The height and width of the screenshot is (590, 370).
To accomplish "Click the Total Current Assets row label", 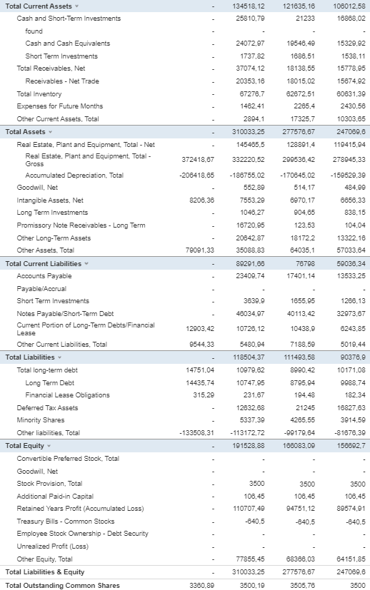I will point(38,6).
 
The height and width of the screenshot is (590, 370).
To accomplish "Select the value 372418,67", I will point(199,159).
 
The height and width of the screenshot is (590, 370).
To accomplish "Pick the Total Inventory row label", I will point(39,93).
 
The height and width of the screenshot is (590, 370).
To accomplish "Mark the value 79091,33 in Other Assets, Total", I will point(199,250).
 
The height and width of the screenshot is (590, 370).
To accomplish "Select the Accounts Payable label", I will point(44,275).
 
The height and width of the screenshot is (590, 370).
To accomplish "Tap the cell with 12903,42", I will point(199,328).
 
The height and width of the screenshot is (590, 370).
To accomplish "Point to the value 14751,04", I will point(199,370).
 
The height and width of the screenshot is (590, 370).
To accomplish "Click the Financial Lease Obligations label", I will point(67,395).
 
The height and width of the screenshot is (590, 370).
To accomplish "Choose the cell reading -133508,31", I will point(196,432).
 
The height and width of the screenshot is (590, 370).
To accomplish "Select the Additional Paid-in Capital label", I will point(55,496).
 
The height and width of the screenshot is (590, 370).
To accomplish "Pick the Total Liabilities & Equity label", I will point(45,571).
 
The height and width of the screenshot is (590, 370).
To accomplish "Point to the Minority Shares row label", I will point(40,419).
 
